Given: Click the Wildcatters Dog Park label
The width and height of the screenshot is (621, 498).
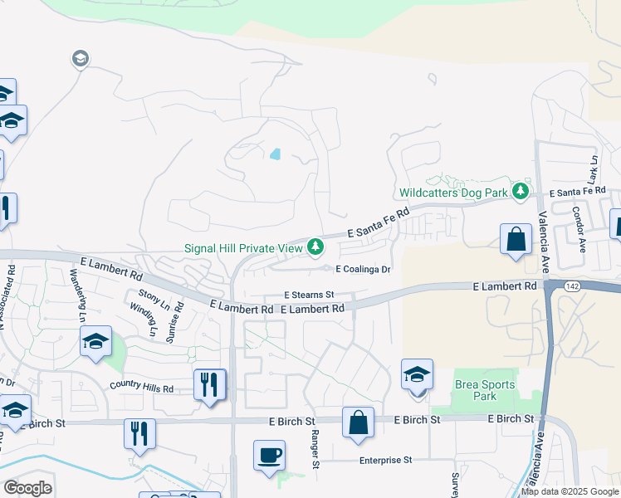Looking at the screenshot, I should [x=453, y=193].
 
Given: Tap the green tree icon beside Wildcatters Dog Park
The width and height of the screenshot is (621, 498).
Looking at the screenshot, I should [x=521, y=192].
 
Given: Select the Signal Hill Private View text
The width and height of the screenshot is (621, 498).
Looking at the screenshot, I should [x=244, y=247].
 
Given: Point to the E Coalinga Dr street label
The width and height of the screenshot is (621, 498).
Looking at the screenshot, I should [x=362, y=269].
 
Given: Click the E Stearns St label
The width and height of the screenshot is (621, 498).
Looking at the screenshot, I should [x=309, y=295].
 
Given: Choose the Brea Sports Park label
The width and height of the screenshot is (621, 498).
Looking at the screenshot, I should [x=485, y=390].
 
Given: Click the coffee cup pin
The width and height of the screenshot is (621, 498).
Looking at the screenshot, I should [x=269, y=456].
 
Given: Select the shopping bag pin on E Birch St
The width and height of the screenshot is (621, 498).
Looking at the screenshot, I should [x=358, y=422].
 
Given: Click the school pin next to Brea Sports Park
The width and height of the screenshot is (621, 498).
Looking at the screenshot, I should [x=417, y=374].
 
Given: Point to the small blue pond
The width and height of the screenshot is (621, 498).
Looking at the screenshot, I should [x=275, y=154].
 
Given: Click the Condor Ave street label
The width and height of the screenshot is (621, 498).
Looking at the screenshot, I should [x=579, y=226].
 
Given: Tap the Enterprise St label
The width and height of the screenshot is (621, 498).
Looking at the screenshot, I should [x=385, y=460].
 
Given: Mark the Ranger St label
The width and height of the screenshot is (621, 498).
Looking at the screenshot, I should [x=315, y=448].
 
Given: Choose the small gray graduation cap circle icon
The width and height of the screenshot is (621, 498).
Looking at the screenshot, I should [x=81, y=58].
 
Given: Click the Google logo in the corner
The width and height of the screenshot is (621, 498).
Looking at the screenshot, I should [x=27, y=488].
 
